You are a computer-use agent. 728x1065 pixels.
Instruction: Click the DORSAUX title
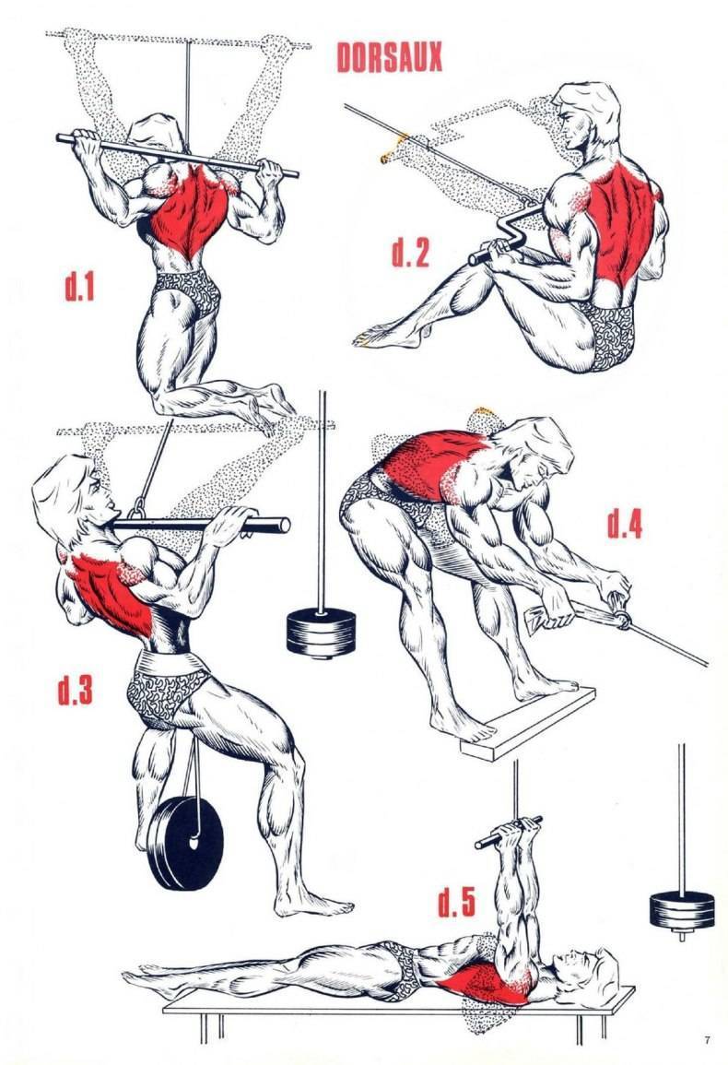(x=389, y=57)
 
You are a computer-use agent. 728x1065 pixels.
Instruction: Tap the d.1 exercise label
(x=79, y=286)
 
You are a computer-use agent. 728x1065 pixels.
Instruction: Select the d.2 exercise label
(x=411, y=252)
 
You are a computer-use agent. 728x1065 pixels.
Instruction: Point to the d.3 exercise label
(x=75, y=689)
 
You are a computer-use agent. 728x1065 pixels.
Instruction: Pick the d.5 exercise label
(x=456, y=901)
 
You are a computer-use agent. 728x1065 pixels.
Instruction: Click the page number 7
(x=707, y=1039)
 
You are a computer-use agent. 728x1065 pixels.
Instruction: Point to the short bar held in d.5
(x=509, y=833)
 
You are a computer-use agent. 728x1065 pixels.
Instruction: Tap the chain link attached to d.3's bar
(x=138, y=508)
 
